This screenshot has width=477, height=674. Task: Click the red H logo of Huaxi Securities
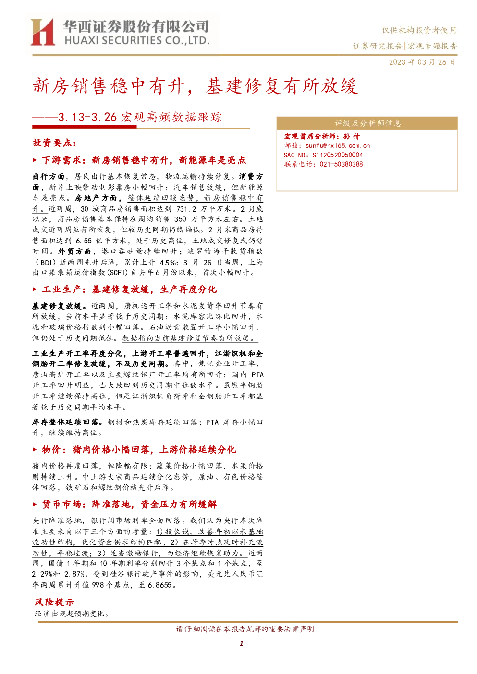(43, 32)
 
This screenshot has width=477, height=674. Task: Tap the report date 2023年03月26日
(422, 62)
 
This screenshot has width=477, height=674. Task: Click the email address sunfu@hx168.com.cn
(338, 146)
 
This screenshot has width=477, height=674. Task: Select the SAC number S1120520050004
(338, 155)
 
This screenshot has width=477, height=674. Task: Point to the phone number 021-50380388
(341, 164)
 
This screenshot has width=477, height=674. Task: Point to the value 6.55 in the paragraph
(84, 241)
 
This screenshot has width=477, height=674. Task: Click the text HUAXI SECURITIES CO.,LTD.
(137, 41)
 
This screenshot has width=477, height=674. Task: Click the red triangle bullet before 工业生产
(35, 289)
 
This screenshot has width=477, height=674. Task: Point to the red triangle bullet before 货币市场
(35, 504)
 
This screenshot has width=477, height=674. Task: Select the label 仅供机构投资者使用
(419, 30)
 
